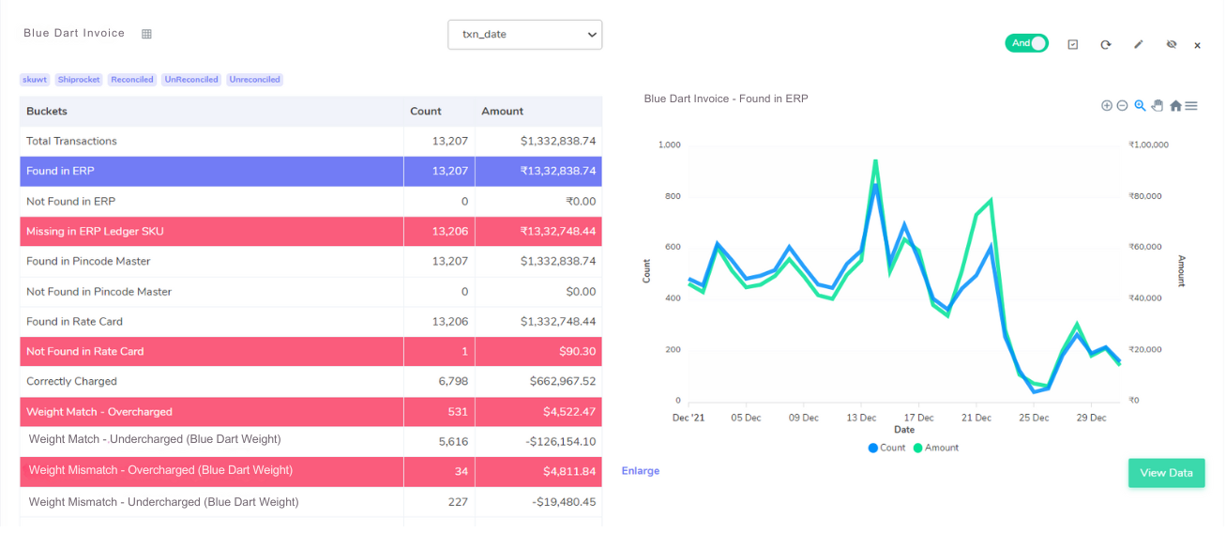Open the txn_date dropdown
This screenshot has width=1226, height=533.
click(x=524, y=35)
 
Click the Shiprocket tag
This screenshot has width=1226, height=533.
click(x=78, y=80)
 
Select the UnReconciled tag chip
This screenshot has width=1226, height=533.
click(x=191, y=80)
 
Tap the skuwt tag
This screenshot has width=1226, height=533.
click(x=36, y=80)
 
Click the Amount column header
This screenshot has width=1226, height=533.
click(x=503, y=111)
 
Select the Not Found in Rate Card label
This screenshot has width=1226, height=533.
click(x=85, y=352)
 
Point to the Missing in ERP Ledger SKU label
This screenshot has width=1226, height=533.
click(x=95, y=232)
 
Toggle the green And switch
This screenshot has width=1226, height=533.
click(x=1026, y=43)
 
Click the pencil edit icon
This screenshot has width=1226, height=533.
click(x=1139, y=44)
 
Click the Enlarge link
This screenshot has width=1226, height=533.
click(x=641, y=471)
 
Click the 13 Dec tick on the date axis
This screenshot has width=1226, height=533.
click(x=861, y=418)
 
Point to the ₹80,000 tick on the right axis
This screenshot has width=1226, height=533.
click(x=1144, y=196)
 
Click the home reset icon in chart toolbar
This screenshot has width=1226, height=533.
click(x=1175, y=106)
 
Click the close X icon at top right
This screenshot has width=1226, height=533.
click(x=1197, y=45)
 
